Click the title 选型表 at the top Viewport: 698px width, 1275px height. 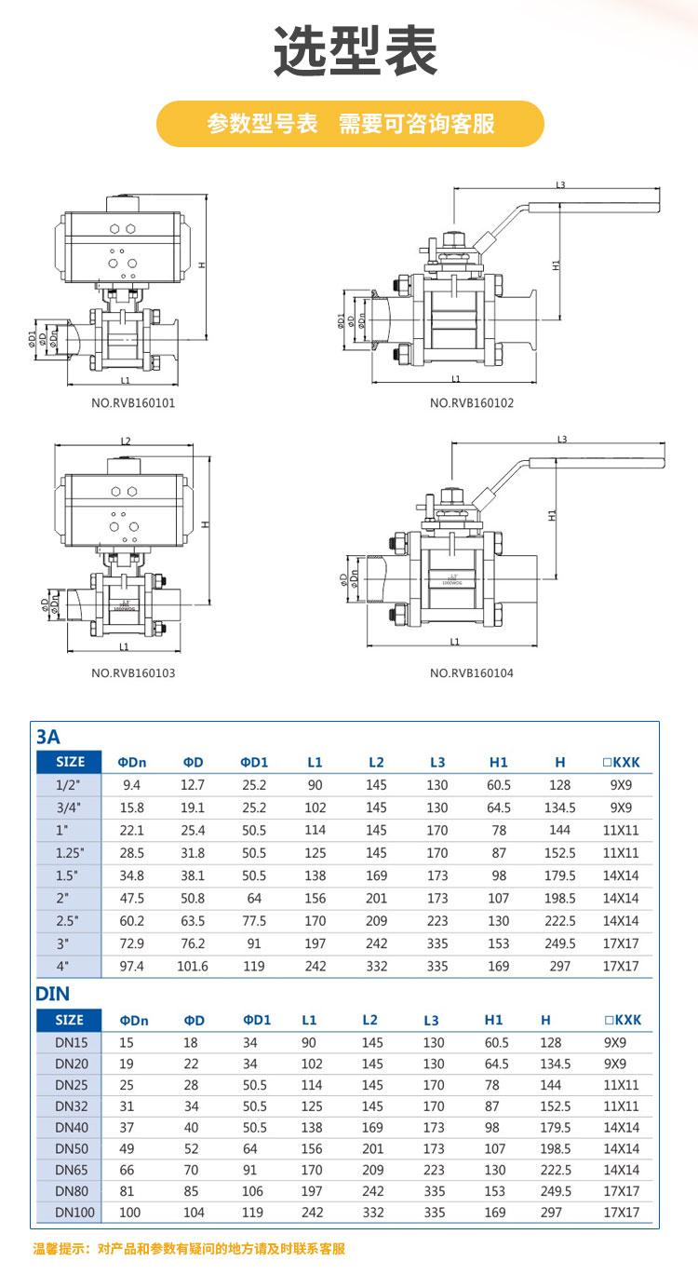pyautogui.click(x=356, y=50)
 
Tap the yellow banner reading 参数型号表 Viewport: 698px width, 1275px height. pyautogui.click(x=349, y=124)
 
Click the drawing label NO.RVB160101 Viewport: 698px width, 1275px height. pyautogui.click(x=133, y=403)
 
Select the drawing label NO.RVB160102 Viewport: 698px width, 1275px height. pyautogui.click(x=471, y=403)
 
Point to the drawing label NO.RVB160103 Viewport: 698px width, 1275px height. pyautogui.click(x=133, y=672)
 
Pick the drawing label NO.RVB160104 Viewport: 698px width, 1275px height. pyautogui.click(x=471, y=672)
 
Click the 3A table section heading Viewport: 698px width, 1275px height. pyautogui.click(x=47, y=737)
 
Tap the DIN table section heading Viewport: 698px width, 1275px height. pyautogui.click(x=52, y=994)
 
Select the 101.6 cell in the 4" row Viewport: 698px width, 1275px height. pyautogui.click(x=192, y=966)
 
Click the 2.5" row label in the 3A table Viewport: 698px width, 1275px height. pyautogui.click(x=70, y=920)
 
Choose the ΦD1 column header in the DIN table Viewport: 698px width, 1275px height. pyautogui.click(x=256, y=1020)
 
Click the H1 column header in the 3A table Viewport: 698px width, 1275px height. pyautogui.click(x=499, y=762)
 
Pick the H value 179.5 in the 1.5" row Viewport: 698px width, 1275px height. pyautogui.click(x=559, y=875)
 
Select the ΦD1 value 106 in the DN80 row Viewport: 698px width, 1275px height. pyautogui.click(x=253, y=1191)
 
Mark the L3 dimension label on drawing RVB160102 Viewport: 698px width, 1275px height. pyautogui.click(x=560, y=184)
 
